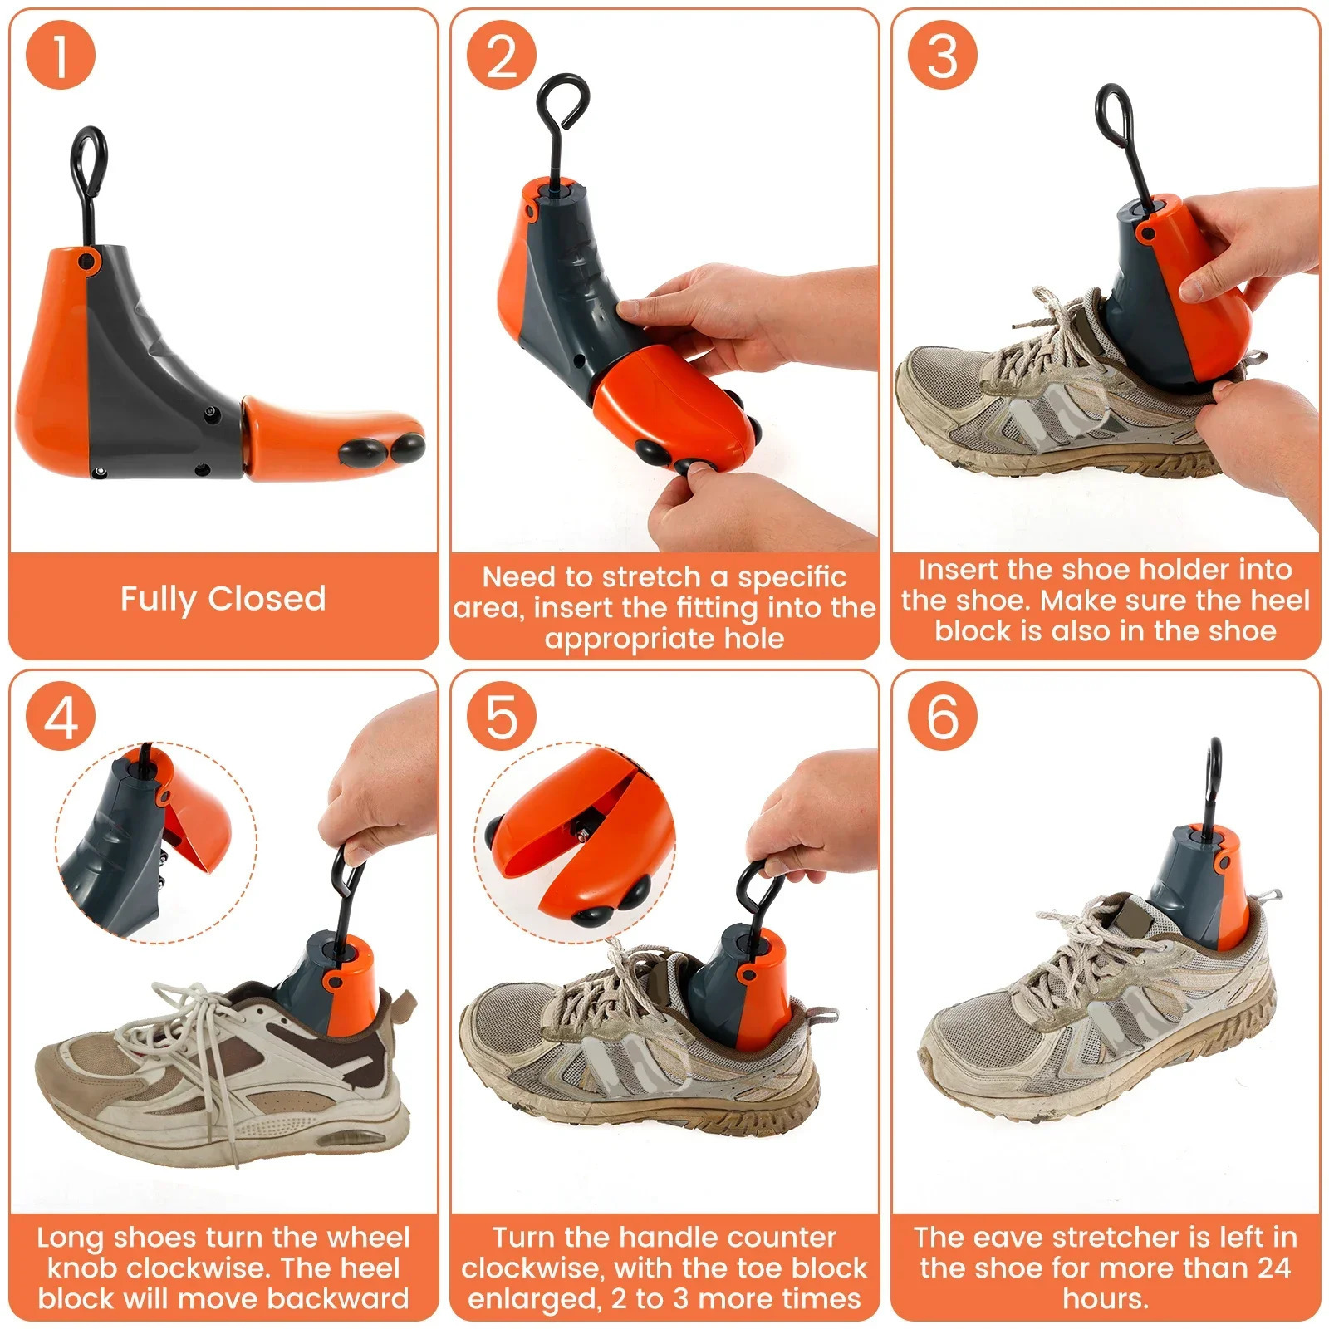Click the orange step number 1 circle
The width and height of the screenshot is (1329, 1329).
coord(60,55)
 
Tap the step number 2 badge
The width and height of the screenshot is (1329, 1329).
coord(501,55)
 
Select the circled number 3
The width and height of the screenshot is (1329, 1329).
coord(942,55)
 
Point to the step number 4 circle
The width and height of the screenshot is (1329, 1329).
coord(60,716)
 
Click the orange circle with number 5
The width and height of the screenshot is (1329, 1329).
coord(501,716)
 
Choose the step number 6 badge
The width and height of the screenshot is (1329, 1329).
coord(942,716)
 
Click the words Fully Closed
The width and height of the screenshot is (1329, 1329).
coord(223,599)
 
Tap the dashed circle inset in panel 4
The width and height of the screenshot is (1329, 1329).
coord(156,843)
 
